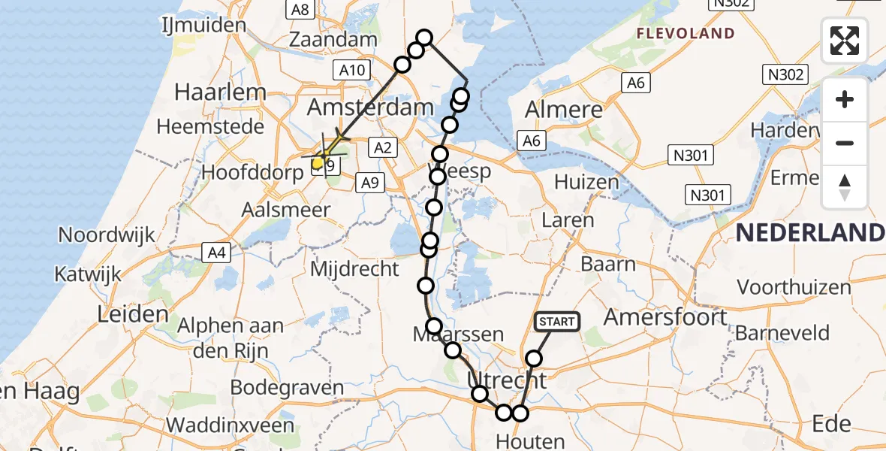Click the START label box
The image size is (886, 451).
click(556, 322)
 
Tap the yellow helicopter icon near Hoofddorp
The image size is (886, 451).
click(319, 161)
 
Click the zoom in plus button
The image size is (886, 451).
click(845, 99)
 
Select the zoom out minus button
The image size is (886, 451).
click(845, 143)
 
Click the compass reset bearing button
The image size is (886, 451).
click(845, 186)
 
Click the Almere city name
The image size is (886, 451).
click(563, 110)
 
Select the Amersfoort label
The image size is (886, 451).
click(666, 316)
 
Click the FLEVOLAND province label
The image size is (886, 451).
click(685, 33)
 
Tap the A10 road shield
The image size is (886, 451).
click(351, 71)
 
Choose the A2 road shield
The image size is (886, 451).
click(382, 148)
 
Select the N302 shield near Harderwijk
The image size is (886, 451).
click(786, 74)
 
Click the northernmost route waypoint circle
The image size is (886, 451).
click(424, 38)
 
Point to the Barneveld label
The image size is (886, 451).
click(782, 332)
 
